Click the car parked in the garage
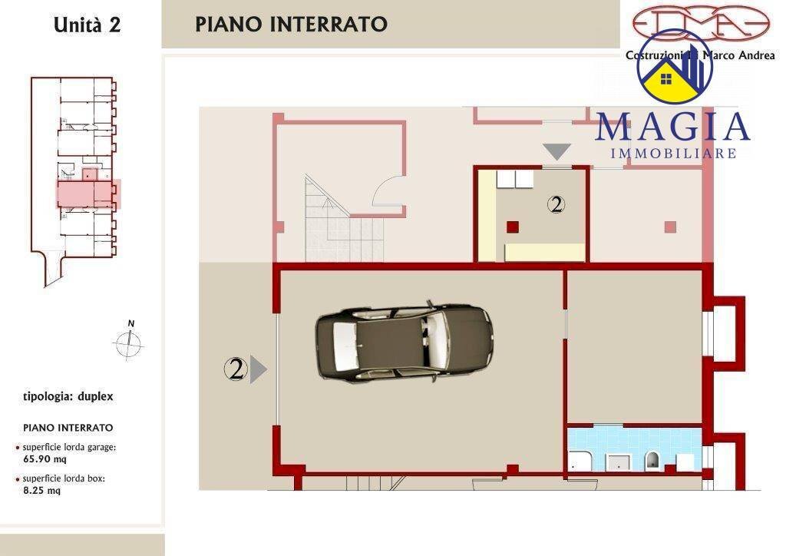click(404, 343)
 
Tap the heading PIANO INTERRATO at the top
click(291, 24)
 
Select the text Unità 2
click(87, 25)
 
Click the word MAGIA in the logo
click(672, 127)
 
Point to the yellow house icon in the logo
click(665, 81)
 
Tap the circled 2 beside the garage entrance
click(236, 369)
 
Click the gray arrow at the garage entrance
click(259, 369)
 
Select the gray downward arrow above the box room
click(557, 151)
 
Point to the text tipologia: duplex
click(68, 397)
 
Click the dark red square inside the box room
click(512, 226)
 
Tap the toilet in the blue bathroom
click(652, 460)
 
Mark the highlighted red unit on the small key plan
click(88, 194)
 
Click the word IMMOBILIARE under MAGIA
click(673, 154)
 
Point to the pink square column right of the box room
click(670, 227)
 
